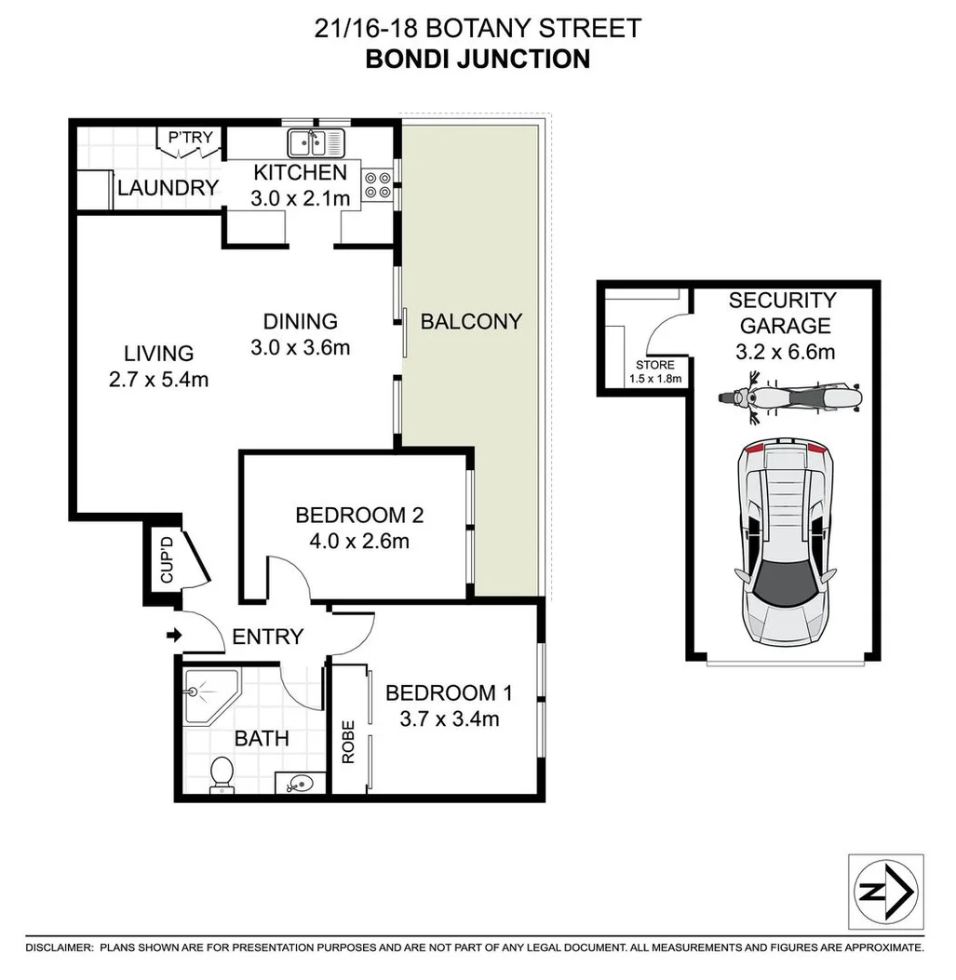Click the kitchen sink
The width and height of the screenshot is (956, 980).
316,142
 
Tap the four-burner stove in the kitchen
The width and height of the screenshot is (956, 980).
378,185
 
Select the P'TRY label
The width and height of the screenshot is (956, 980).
191,139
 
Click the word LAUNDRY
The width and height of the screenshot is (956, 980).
168,188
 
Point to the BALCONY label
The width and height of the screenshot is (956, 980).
471,321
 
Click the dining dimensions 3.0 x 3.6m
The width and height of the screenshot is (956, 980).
300,347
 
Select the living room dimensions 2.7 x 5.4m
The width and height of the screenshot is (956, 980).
158,379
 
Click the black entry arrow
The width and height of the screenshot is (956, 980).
173,637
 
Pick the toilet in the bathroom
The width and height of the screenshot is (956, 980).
222,774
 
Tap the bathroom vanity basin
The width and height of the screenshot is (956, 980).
300,784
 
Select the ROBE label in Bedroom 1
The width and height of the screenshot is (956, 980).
348,742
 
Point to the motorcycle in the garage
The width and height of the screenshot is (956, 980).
790,397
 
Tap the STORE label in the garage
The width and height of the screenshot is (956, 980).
654,365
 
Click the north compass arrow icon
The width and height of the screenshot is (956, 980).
886,892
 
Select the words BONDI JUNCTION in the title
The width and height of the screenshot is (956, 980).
478,59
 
